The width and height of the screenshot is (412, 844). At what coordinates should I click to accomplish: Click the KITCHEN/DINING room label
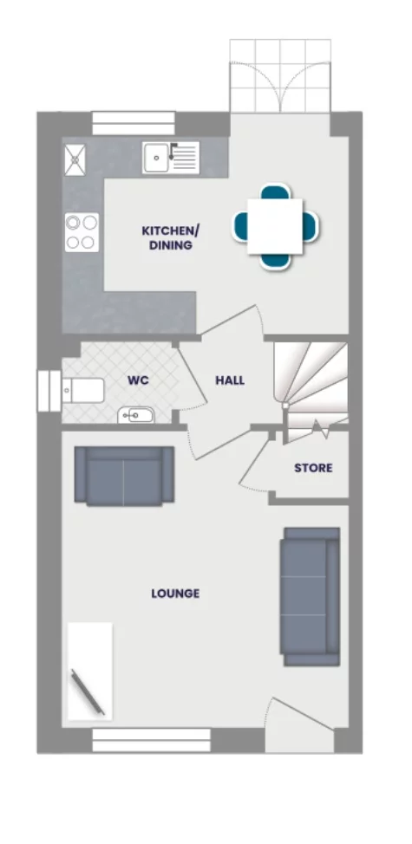click(x=170, y=237)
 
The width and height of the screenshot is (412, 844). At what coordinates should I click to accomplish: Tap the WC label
click(x=138, y=380)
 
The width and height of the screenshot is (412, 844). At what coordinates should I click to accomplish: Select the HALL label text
click(x=230, y=380)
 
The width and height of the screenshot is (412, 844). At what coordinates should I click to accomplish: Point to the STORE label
click(x=312, y=468)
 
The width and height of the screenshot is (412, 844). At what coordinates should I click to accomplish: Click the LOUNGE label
click(x=175, y=594)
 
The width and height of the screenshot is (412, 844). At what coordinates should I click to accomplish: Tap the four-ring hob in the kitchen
click(x=81, y=231)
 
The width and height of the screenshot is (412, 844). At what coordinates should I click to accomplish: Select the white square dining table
click(x=275, y=226)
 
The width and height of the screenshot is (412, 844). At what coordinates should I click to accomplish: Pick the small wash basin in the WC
click(x=135, y=416)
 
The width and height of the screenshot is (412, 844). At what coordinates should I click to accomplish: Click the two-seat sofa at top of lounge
click(x=123, y=476)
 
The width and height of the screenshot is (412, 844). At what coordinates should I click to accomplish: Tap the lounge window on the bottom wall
click(x=151, y=740)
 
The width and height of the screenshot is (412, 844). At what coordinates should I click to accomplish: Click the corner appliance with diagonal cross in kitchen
click(x=75, y=157)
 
